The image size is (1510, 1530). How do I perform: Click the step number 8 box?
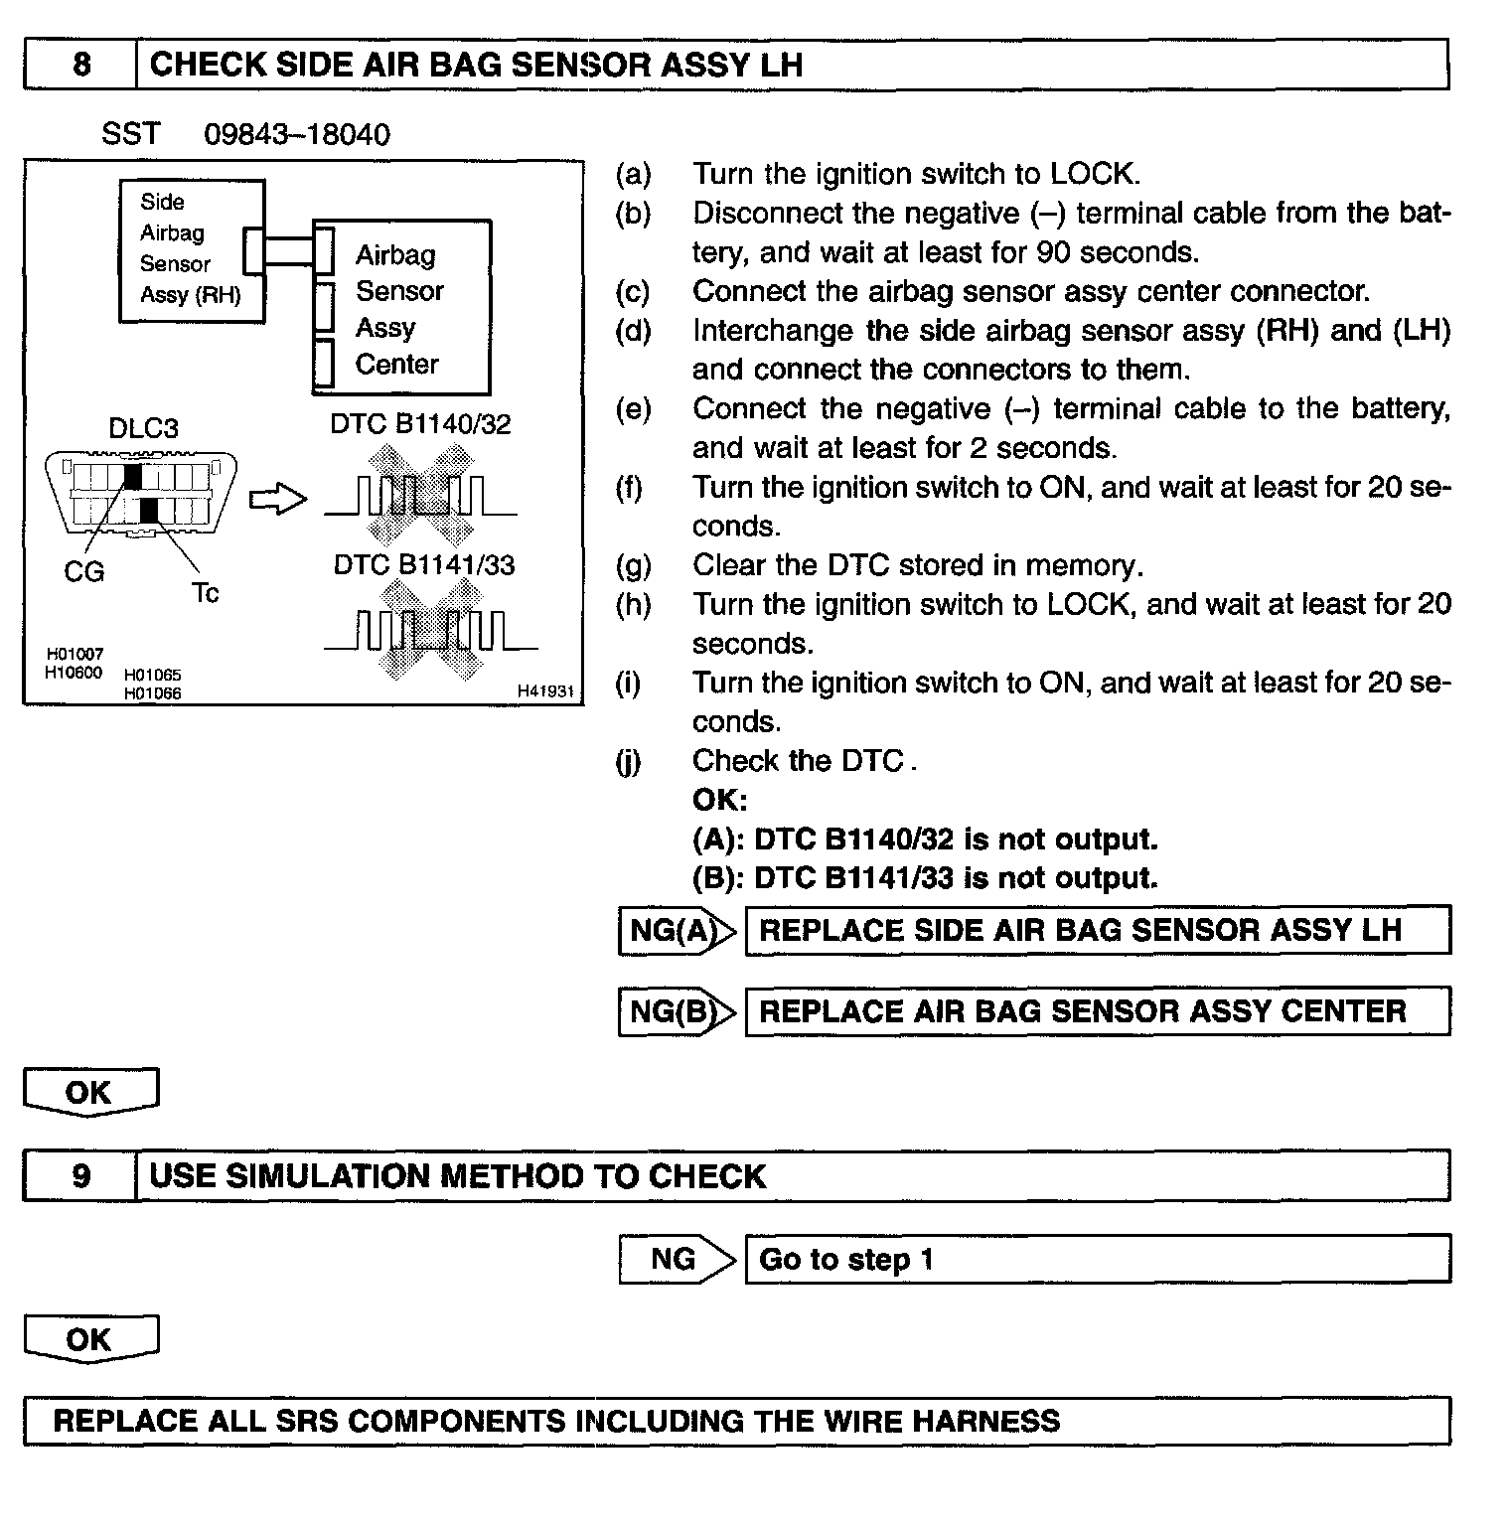click(80, 65)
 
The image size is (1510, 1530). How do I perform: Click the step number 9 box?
click(80, 1176)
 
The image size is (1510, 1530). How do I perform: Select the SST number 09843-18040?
click(296, 134)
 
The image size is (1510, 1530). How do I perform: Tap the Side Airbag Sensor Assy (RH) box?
click(191, 249)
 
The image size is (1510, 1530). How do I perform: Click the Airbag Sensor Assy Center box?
click(401, 308)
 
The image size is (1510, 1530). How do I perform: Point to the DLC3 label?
click(143, 428)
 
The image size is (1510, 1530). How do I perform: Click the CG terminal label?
click(83, 571)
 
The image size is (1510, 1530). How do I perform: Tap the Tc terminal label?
click(205, 593)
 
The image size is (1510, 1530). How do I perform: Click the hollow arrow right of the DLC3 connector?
click(278, 499)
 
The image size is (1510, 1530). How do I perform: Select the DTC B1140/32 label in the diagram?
click(420, 424)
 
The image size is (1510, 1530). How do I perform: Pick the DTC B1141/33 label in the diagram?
click(424, 565)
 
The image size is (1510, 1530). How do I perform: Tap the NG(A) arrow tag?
click(677, 931)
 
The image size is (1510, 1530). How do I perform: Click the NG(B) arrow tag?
click(677, 1011)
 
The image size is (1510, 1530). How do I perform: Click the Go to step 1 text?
click(845, 1260)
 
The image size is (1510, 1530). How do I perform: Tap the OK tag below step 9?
click(90, 1339)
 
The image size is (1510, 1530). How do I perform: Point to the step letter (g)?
click(633, 565)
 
